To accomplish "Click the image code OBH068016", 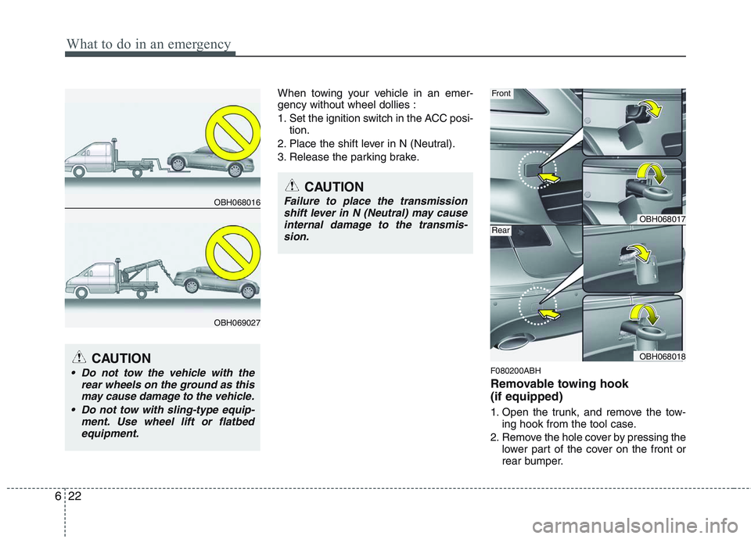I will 237,202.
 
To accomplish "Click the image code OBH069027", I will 237,322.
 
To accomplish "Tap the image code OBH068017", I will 662,220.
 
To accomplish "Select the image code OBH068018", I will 662,356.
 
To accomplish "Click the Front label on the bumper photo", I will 501,94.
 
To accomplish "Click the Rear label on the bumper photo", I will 501,231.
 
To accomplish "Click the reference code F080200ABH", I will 516,371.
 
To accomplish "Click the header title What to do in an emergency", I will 148,44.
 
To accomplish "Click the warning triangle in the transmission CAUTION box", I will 293,186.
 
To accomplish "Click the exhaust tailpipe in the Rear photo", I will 512,342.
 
